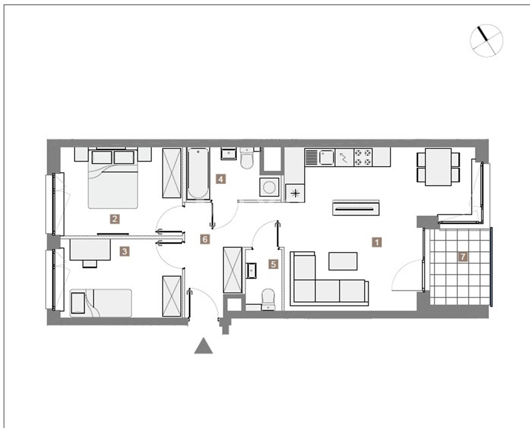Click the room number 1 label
coord(377,242)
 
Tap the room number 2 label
coord(115,219)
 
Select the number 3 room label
coord(125,252)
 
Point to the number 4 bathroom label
coord(221,179)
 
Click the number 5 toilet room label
coord(273,265)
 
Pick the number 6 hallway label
coord(205,239)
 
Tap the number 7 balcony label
coord(463,257)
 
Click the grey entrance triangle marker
coord(204,346)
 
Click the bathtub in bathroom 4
coord(198,174)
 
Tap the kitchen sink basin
coord(327,158)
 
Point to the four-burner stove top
coord(363,157)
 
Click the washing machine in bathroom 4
coord(269,187)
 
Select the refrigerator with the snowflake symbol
coord(295,193)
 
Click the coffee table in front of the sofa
coord(343,261)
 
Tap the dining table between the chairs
coord(438,167)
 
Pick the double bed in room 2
coord(113,178)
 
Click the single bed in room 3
coord(101,303)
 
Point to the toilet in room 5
coord(268,299)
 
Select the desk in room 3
coord(90,250)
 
